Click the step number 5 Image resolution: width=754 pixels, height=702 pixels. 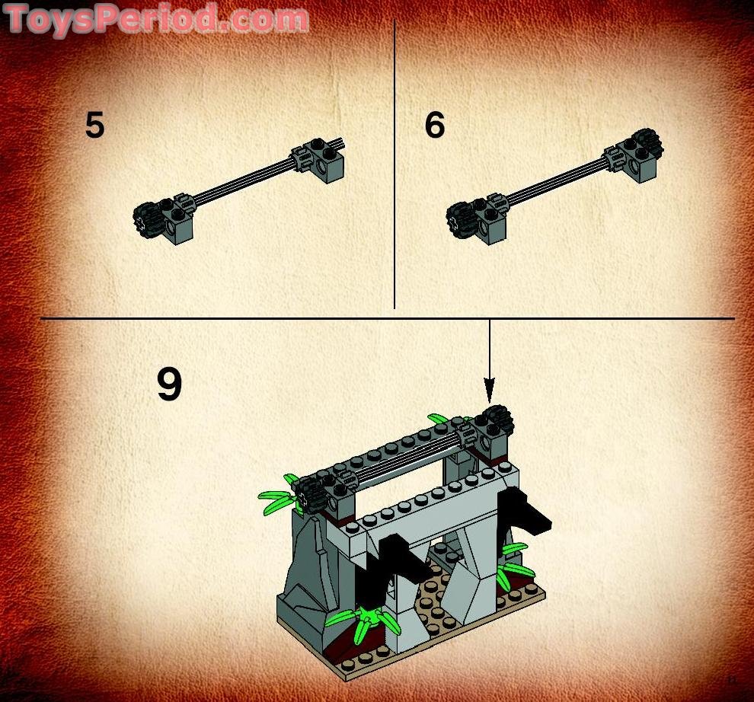pos(94,126)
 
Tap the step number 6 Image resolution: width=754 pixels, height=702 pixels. pos(434,126)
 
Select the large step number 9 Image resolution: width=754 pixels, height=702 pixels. pos(169,385)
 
